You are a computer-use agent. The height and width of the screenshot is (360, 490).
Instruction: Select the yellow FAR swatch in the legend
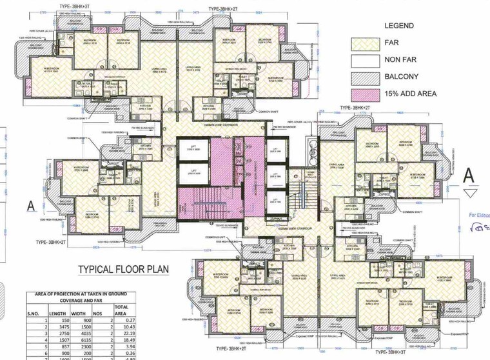point(367,44)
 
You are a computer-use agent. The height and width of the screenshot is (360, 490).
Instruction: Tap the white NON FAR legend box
point(367,61)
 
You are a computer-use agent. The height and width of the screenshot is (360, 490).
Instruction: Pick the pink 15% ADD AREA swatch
point(367,94)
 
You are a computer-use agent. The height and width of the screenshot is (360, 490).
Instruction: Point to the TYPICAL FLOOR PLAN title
point(119,270)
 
